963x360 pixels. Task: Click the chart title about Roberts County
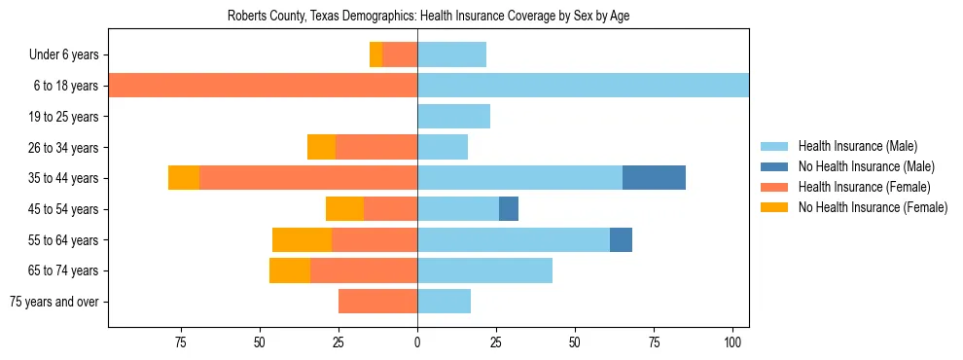point(428,17)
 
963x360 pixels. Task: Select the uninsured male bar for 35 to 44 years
point(654,178)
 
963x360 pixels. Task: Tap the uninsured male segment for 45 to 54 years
point(509,209)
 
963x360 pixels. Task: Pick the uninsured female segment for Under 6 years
point(376,55)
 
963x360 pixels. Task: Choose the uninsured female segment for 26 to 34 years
point(321,147)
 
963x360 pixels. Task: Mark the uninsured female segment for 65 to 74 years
point(290,270)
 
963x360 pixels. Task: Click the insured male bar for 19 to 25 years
point(453,117)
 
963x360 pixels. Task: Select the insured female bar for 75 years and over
point(377,302)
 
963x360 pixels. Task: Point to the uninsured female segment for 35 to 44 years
point(184,178)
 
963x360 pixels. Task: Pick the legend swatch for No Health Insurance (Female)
point(774,207)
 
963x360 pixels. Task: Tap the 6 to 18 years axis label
point(64,86)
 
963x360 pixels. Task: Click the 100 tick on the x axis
point(732,342)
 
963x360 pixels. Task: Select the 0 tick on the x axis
point(417,342)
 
